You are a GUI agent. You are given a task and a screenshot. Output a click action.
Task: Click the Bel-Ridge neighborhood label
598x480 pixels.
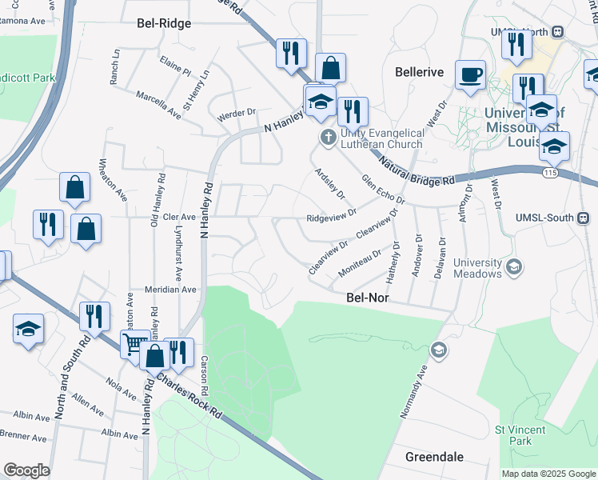coord(164,23)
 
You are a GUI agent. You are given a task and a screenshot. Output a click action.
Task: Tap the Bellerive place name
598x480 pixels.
coord(419,72)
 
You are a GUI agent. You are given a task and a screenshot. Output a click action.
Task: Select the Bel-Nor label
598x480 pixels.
coord(367,297)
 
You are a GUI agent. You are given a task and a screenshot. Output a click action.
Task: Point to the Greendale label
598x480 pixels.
coord(434,457)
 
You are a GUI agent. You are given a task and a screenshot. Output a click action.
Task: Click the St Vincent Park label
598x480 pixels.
coord(512,435)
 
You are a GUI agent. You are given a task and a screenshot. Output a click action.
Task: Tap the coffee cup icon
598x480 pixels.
coord(470,74)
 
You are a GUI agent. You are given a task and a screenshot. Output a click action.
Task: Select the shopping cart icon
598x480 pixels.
coord(134,344)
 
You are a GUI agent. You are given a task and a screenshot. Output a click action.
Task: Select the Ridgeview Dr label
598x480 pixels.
coord(331,217)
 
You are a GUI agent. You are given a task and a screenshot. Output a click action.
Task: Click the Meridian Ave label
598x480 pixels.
coord(170,289)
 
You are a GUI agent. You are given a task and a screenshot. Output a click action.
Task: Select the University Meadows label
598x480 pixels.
coord(477,267)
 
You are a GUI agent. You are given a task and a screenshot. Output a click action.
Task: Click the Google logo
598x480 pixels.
coord(27,470)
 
